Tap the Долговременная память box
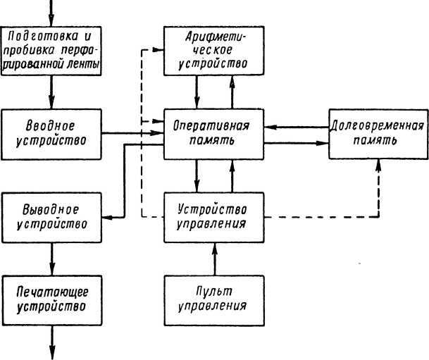(377, 132)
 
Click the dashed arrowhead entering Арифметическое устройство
(158, 49)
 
